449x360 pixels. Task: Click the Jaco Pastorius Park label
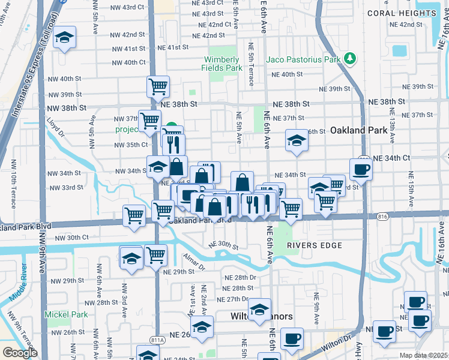[305, 58]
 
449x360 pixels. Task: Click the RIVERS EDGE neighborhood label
[314, 245]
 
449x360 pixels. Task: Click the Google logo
[20, 353]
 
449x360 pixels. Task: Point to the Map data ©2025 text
[423, 355]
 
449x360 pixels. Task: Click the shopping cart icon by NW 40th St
[158, 86]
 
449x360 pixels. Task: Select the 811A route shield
[158, 340]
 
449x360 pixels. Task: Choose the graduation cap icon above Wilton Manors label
[259, 309]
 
